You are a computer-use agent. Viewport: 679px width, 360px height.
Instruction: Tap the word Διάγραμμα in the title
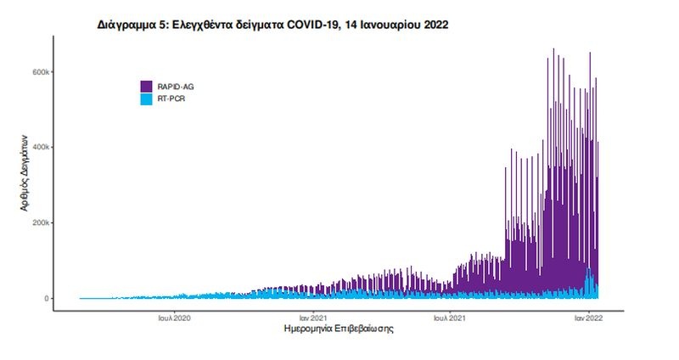pos(128,25)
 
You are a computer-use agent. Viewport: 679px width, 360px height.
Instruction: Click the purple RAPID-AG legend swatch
pos(147,87)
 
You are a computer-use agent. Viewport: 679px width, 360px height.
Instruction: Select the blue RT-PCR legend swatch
pos(147,99)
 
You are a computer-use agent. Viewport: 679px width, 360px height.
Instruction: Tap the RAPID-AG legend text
pos(177,87)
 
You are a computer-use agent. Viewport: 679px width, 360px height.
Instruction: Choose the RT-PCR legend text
pos(172,99)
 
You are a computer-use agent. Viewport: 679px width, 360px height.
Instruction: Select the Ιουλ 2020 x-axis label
pos(174,318)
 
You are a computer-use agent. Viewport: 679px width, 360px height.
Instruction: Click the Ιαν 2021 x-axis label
pos(313,318)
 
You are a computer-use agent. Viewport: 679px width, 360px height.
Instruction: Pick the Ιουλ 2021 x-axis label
pos(449,318)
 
